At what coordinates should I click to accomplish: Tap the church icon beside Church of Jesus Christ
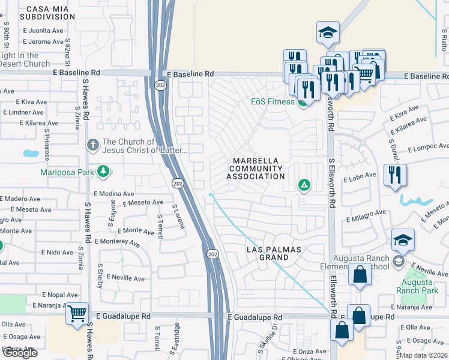click(x=92, y=144)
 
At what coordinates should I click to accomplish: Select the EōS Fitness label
click(x=273, y=101)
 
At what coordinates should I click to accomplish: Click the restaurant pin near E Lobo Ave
click(x=395, y=176)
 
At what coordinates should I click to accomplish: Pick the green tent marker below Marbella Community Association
click(x=304, y=185)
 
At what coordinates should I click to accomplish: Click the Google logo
click(x=20, y=352)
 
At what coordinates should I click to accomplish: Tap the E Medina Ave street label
click(x=114, y=194)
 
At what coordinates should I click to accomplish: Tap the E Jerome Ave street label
click(x=46, y=42)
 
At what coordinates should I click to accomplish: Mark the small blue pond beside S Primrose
click(x=31, y=153)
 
